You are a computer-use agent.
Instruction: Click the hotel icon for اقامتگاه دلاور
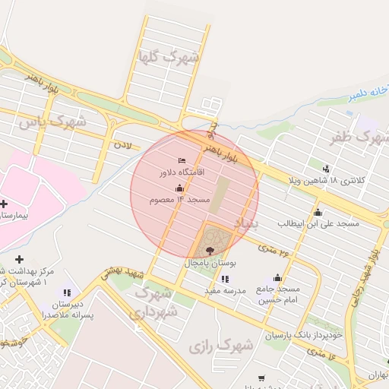tap(181, 160)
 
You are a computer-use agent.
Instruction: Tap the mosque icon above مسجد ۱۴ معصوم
tap(179, 188)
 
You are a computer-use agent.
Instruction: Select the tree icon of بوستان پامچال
tap(210, 250)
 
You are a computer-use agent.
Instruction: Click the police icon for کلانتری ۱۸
tap(327, 168)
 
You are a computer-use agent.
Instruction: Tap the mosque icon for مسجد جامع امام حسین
tap(277, 277)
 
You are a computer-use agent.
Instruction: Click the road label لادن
tap(122, 143)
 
